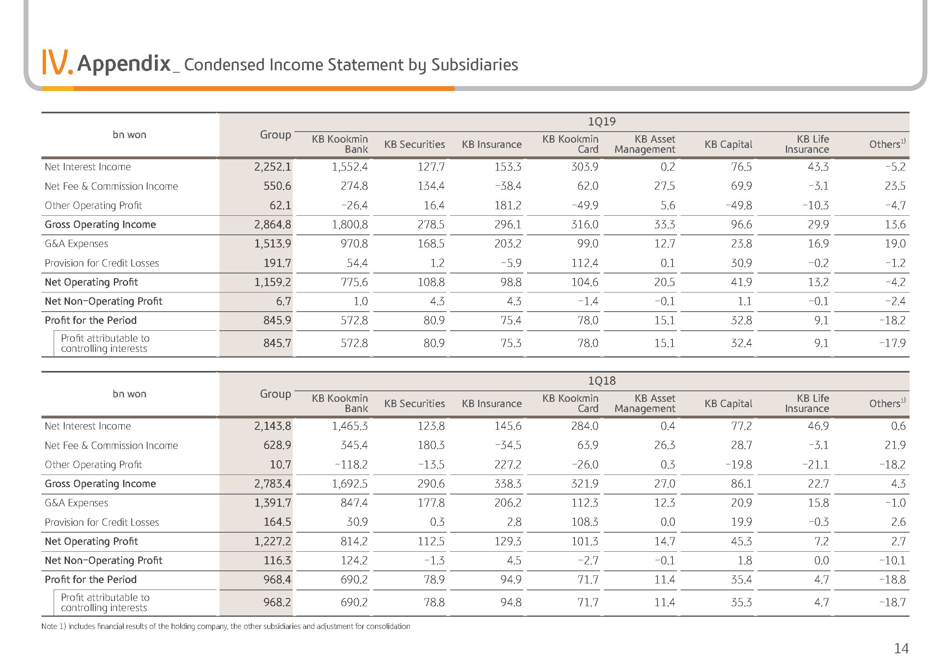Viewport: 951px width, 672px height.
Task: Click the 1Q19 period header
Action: [x=601, y=121]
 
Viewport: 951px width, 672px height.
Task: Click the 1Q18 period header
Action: [x=601, y=381]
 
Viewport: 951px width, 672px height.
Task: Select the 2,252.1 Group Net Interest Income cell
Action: [x=272, y=167]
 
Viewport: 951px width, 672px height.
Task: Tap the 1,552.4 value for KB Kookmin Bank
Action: [x=350, y=167]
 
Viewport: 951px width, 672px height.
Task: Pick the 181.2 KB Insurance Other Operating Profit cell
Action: [x=508, y=205]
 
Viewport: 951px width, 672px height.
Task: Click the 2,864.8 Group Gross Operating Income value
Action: [x=272, y=225]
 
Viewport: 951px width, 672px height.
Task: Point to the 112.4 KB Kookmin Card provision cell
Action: [x=585, y=263]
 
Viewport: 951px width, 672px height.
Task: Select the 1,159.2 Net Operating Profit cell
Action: [x=272, y=282]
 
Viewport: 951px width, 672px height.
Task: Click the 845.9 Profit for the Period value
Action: [x=277, y=320]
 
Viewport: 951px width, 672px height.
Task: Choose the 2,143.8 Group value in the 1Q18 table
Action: [x=272, y=426]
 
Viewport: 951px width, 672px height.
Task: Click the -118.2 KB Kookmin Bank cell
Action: [x=351, y=464]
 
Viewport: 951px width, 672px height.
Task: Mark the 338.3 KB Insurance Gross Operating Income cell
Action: [x=508, y=484]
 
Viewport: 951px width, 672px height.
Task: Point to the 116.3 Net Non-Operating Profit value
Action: [x=277, y=560]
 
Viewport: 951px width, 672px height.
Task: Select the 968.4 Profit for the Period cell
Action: [x=277, y=579]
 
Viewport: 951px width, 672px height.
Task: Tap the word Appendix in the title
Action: [x=124, y=64]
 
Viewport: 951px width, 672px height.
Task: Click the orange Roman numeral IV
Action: [x=57, y=63]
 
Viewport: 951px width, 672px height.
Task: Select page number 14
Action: [x=901, y=648]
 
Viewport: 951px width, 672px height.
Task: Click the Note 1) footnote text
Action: [x=226, y=626]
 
